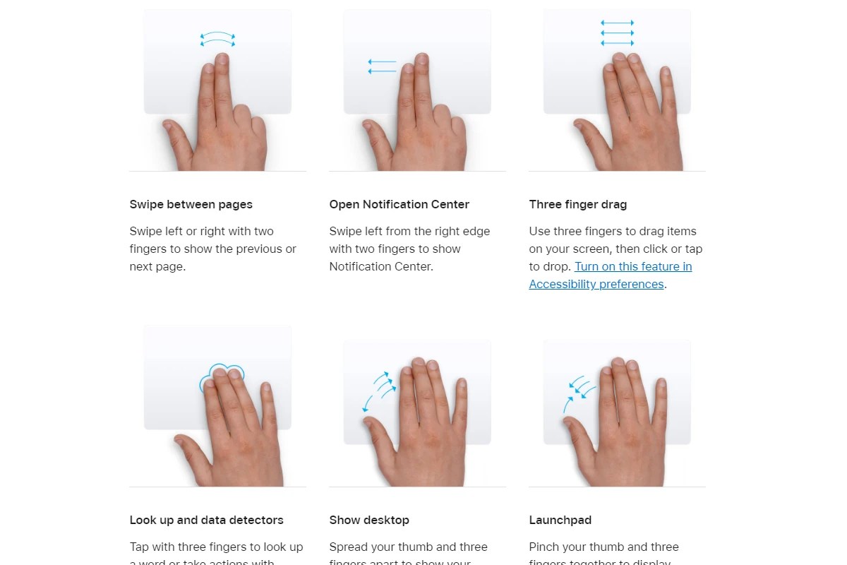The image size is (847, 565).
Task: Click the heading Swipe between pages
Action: coord(191,204)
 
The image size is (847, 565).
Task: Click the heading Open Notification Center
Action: coord(399,204)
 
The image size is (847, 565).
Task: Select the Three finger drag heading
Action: coord(577,204)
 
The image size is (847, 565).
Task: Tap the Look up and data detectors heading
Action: coord(206,520)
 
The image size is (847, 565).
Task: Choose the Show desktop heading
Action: coord(369,520)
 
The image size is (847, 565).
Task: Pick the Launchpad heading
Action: coord(560,520)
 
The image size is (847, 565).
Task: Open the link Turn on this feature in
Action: coord(633,266)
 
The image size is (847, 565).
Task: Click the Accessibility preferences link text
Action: coord(596,284)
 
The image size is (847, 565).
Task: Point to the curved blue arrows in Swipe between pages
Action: coord(217,40)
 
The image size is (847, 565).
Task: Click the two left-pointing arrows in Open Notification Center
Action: coord(382,66)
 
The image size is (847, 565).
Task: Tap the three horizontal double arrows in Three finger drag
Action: coord(617,33)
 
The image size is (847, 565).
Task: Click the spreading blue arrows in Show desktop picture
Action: coord(379,389)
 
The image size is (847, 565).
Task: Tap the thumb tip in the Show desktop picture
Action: coord(368,422)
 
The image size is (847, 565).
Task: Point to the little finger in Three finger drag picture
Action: coord(664,74)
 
